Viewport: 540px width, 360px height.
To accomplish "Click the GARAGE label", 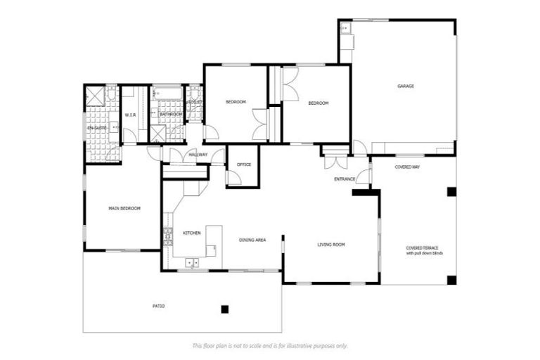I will coord(406,86).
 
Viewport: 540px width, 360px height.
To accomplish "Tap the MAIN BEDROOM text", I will coord(124,209).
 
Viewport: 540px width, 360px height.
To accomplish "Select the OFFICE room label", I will coord(244,165).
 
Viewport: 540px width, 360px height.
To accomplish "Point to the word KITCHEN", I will coord(192,233).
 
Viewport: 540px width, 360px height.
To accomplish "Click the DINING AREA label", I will coord(252,240).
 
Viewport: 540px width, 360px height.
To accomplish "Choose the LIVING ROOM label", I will coord(330,245).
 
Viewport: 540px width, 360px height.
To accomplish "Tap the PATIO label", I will coord(159,307).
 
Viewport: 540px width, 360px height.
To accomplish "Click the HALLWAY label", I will coord(198,155).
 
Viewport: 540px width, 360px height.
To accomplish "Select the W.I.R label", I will coord(130,115).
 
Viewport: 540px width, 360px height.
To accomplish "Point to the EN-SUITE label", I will coord(96,128).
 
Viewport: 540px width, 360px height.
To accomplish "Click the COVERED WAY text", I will coord(407,167).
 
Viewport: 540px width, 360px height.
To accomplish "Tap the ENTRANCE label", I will coord(345,179).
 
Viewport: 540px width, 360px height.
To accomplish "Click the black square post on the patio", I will coord(224,309).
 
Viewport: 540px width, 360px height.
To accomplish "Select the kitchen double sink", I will coord(192,263).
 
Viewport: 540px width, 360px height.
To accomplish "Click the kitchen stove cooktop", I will coord(167,235).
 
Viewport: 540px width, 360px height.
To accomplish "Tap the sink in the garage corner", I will coord(345,29).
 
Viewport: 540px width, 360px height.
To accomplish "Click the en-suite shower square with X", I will coord(95,96).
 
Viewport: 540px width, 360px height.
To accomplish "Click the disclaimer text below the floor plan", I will coord(269,346).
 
